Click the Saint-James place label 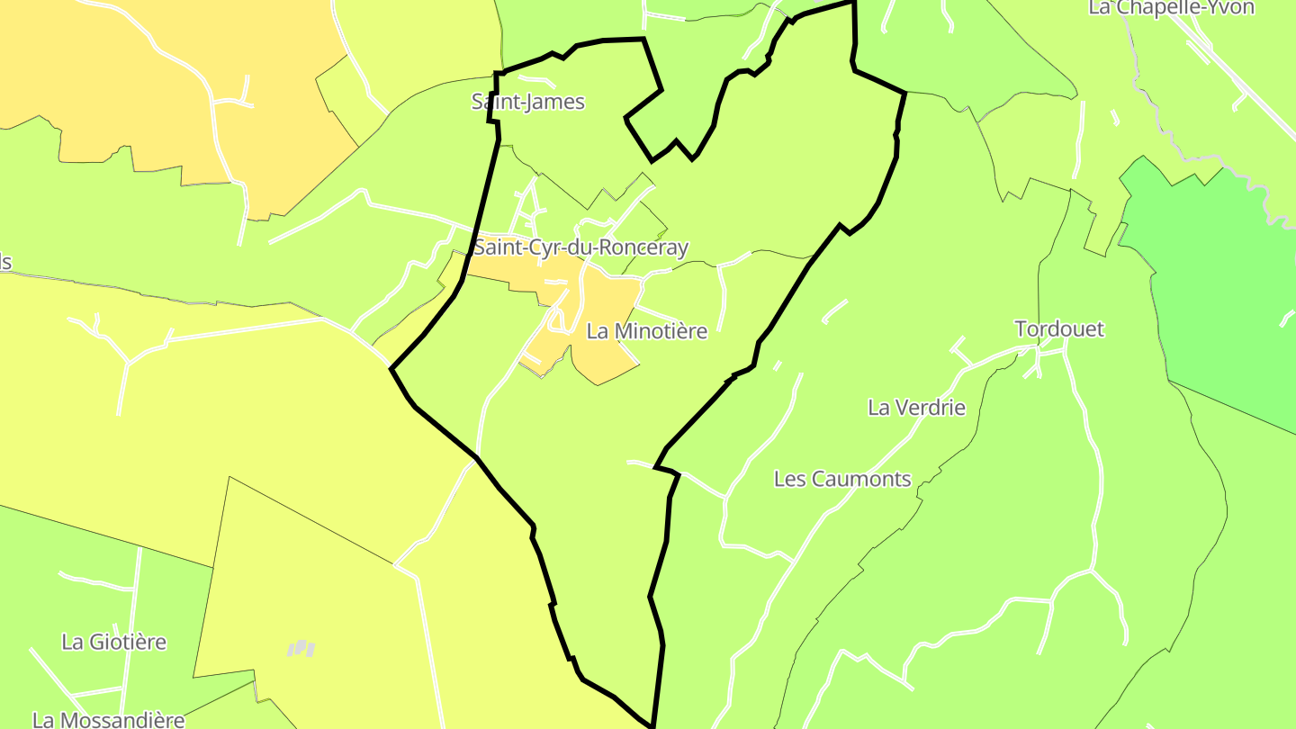click(x=527, y=102)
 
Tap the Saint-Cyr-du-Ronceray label click(x=580, y=247)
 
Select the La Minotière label click(x=646, y=331)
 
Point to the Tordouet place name click(x=1058, y=328)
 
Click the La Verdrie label click(x=916, y=407)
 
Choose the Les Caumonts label click(x=842, y=479)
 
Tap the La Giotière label click(x=113, y=642)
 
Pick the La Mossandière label click(x=108, y=720)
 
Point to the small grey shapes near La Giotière click(x=301, y=648)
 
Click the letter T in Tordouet click(x=1021, y=328)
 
